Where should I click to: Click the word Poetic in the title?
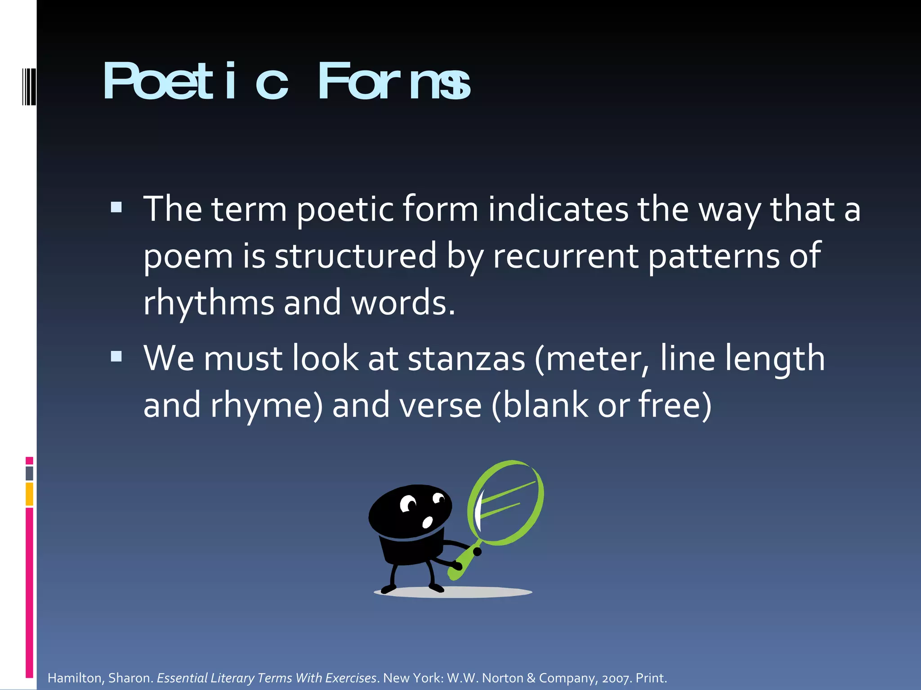(x=196, y=82)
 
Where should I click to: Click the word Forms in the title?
(x=393, y=82)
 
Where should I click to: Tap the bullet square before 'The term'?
(x=116, y=207)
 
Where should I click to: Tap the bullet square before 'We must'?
(x=116, y=356)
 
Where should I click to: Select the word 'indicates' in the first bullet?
(x=558, y=209)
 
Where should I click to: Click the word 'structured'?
(x=355, y=256)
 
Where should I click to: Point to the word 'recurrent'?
(x=565, y=256)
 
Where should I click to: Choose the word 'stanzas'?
(x=466, y=359)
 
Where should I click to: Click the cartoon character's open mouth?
(x=427, y=522)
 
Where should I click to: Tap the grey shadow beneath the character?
(x=453, y=593)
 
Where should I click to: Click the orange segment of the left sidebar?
(x=29, y=494)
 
